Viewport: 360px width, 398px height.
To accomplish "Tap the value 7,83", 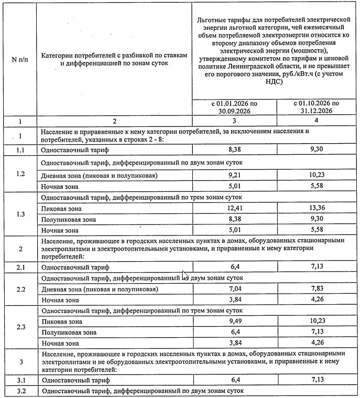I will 317,289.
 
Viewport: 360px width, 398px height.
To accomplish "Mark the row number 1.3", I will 20,214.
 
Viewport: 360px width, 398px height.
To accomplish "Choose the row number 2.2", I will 20,289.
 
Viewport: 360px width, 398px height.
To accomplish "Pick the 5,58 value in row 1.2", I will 317,186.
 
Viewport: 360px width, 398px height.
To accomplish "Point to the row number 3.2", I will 20,391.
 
